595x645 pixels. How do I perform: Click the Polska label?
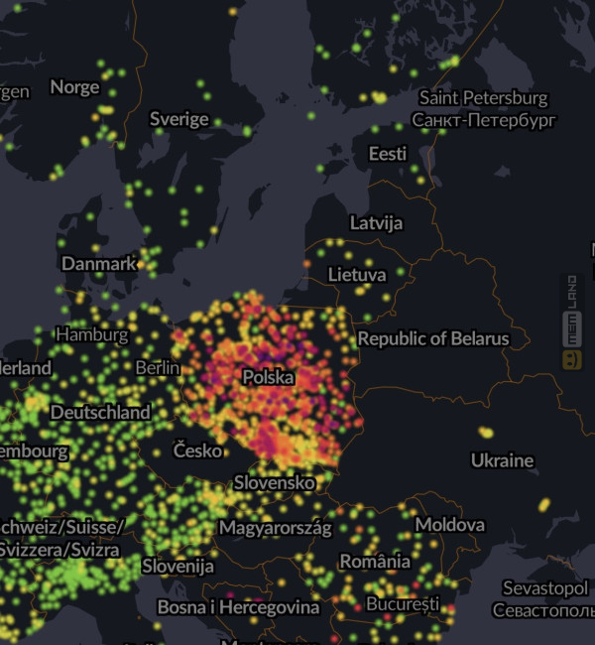pos(268,378)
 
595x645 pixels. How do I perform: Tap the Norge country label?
pos(74,87)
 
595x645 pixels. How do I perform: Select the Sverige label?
pos(178,119)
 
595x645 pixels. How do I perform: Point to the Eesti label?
pos(387,154)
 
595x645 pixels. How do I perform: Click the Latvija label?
pos(376,223)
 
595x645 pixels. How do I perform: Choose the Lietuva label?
pos(356,274)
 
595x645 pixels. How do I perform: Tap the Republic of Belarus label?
pos(432,339)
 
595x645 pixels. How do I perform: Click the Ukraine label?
pos(502,460)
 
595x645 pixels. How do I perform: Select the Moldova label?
pos(449,524)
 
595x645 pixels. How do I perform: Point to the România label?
pos(375,562)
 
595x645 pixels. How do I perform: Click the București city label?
pos(402,603)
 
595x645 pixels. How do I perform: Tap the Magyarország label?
pos(275,528)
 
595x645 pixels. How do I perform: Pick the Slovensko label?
pos(274,483)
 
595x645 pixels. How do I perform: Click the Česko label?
pos(197,451)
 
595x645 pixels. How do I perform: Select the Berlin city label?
pos(158,368)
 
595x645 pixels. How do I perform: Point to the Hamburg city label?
pos(91,334)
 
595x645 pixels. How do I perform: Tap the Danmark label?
pos(98,264)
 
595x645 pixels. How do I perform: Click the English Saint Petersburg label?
pos(483,98)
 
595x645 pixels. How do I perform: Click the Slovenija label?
pos(178,567)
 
